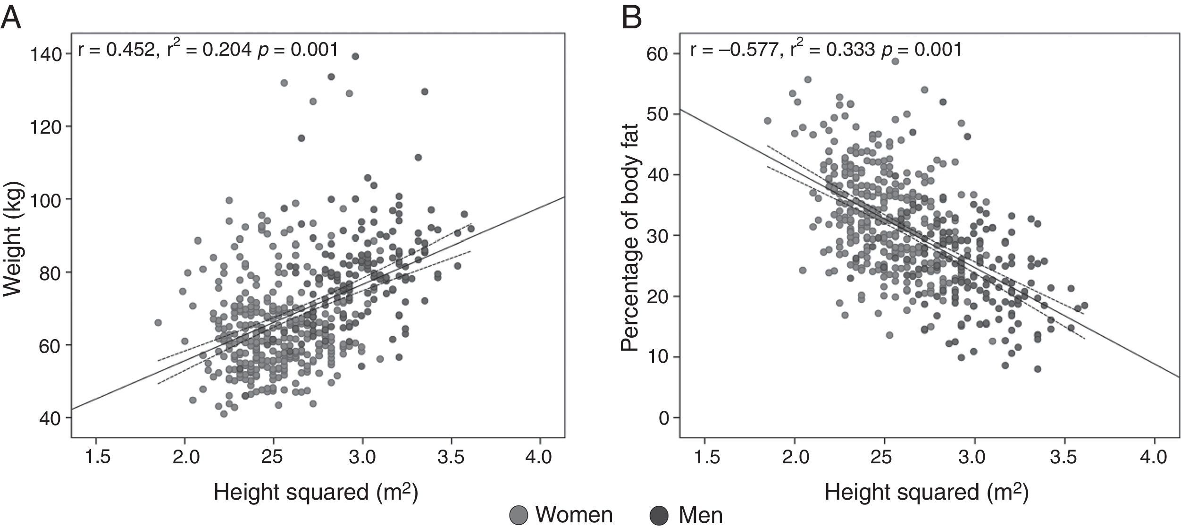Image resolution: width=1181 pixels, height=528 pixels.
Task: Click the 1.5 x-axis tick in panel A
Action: (96, 457)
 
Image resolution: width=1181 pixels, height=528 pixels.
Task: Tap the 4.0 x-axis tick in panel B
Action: (1155, 457)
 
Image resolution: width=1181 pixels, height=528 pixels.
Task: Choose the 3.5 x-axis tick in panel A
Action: (452, 457)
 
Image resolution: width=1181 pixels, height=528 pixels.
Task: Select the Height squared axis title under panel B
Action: (926, 493)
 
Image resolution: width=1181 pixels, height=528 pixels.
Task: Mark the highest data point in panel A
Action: (355, 56)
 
